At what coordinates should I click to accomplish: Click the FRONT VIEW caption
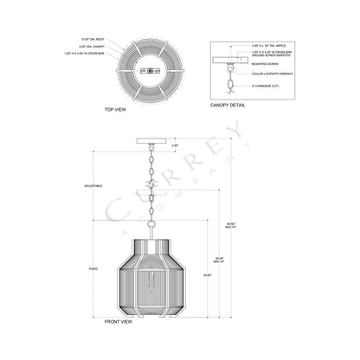pyautogui.click(x=117, y=320)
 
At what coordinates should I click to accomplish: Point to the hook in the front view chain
pyautogui.click(x=151, y=185)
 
